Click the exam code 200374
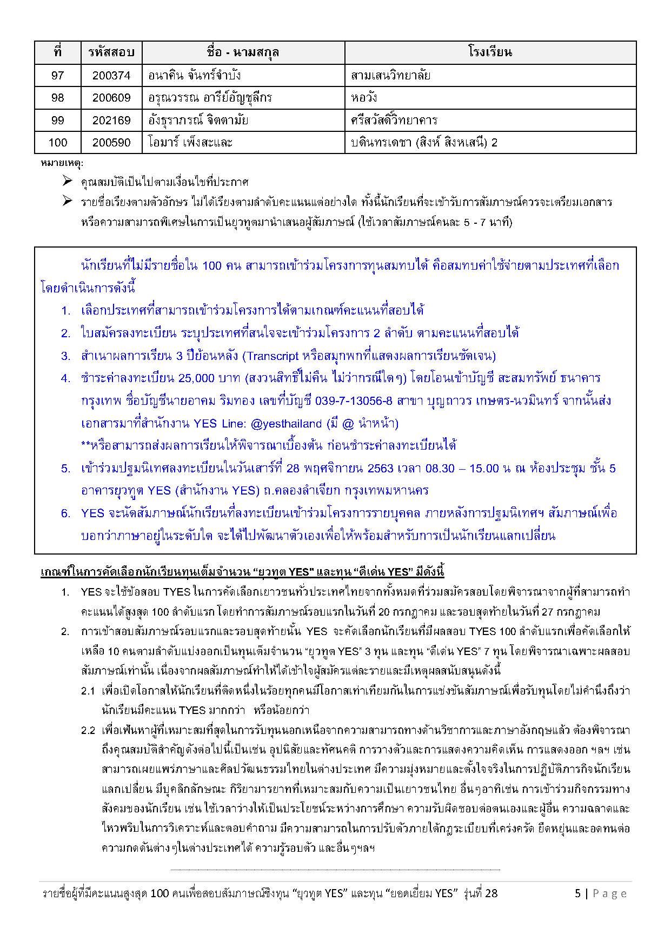coord(111,76)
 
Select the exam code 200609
coord(111,98)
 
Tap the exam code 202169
coord(111,121)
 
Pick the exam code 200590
coord(111,143)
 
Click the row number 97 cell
coord(57,76)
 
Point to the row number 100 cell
coord(57,143)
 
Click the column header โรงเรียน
coord(490,52)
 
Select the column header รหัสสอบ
coord(111,52)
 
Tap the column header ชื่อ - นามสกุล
coord(243,52)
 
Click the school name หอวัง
coord(364,98)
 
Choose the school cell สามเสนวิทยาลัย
coord(390,76)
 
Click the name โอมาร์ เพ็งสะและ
coord(190,143)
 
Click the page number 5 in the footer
coord(577,893)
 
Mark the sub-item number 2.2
coord(88,731)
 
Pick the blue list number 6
coord(65,513)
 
